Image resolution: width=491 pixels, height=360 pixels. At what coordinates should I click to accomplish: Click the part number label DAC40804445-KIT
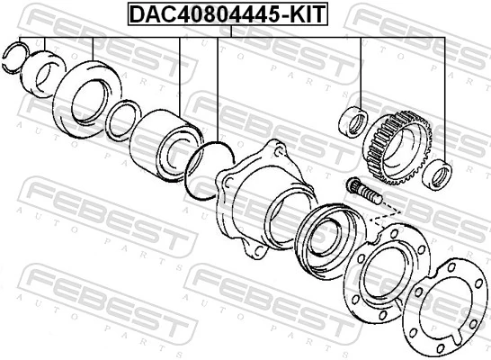228,13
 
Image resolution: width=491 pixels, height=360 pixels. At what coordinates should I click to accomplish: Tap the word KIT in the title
307,13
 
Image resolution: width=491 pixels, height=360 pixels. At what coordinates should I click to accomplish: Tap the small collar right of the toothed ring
440,173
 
